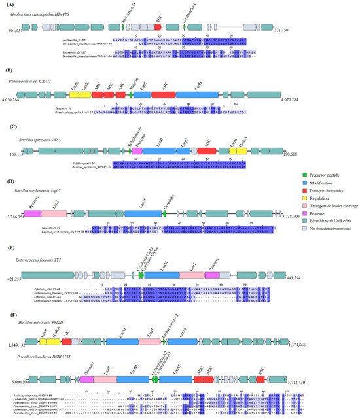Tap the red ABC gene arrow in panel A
158,28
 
